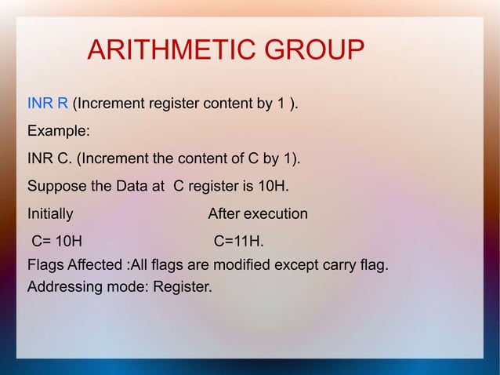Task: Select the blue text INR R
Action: (x=48, y=105)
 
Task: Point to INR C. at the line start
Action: (x=49, y=160)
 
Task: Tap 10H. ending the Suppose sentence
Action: (x=274, y=187)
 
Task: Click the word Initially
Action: (x=51, y=214)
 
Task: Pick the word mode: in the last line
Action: (x=127, y=287)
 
